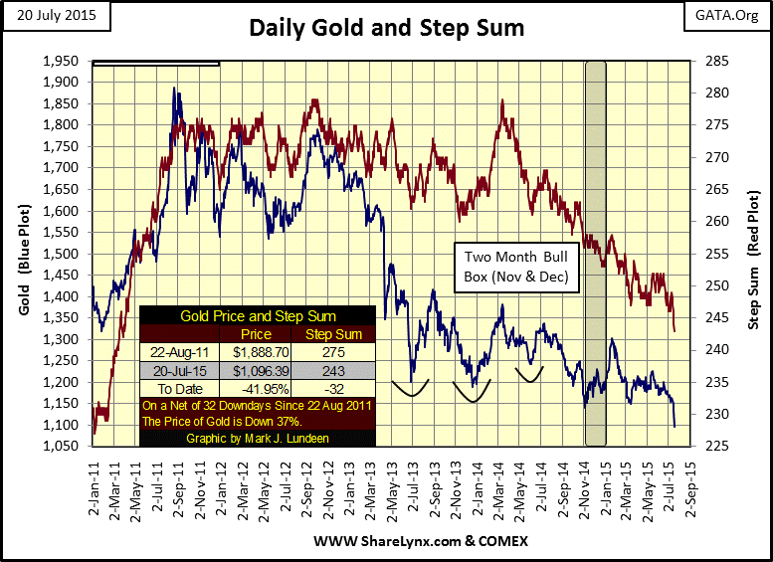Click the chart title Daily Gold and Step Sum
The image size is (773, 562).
(387, 28)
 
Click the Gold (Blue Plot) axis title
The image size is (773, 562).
(25, 254)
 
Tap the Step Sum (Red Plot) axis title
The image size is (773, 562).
(753, 254)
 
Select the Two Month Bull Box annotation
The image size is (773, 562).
(514, 267)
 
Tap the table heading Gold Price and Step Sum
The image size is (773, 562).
(258, 316)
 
